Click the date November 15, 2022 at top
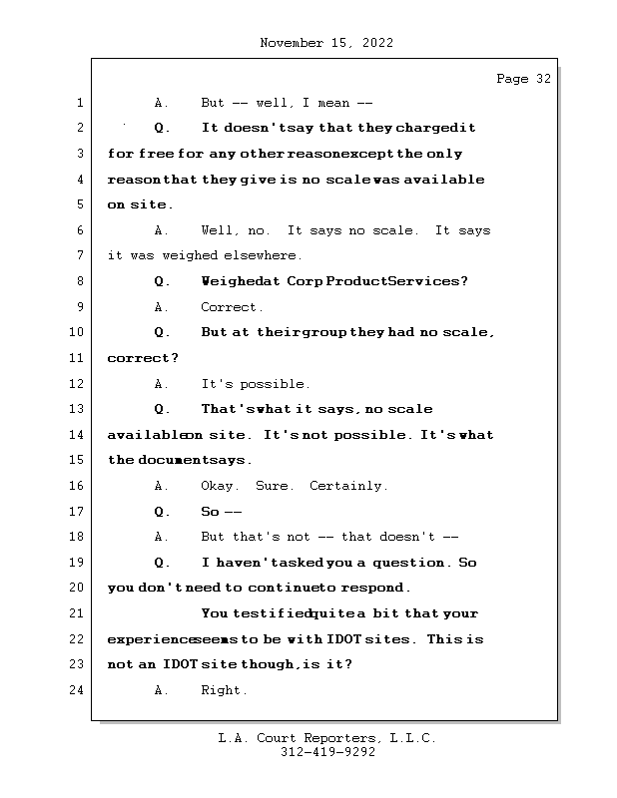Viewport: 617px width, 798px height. [325, 43]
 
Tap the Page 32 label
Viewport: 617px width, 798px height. [523, 79]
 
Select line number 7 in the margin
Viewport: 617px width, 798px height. [79, 255]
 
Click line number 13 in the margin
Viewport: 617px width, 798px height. [79, 409]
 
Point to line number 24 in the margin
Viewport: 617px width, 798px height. [79, 690]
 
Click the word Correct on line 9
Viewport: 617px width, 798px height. [232, 307]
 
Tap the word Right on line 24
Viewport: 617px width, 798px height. [224, 690]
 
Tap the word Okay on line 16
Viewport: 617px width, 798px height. [220, 486]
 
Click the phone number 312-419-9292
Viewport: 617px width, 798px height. [327, 753]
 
